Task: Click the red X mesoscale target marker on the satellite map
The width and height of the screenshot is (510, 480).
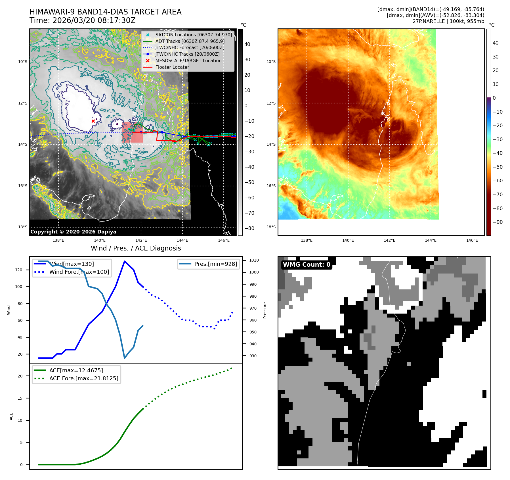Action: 93,121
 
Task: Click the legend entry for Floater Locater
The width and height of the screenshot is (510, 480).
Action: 172,67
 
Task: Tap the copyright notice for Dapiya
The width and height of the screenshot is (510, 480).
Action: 73,232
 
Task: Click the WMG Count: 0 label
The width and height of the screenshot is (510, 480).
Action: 307,265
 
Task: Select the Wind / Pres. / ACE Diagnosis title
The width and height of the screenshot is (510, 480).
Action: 136,248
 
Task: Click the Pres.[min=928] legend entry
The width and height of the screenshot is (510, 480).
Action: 216,264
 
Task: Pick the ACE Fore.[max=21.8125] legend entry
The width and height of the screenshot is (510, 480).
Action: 83,378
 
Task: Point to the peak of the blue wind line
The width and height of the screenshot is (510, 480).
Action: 125,261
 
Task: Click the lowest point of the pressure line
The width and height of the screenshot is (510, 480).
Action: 125,358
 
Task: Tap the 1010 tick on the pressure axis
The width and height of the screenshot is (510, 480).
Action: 254,260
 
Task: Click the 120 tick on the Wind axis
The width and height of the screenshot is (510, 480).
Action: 19,270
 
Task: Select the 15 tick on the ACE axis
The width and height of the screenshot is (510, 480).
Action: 20,398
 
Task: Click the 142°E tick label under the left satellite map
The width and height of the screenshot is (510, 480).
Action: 141,240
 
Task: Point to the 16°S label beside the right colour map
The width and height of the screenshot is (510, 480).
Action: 271,186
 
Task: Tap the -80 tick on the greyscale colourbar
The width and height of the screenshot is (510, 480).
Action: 249,228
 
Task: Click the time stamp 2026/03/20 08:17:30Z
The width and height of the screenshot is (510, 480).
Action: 94,21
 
